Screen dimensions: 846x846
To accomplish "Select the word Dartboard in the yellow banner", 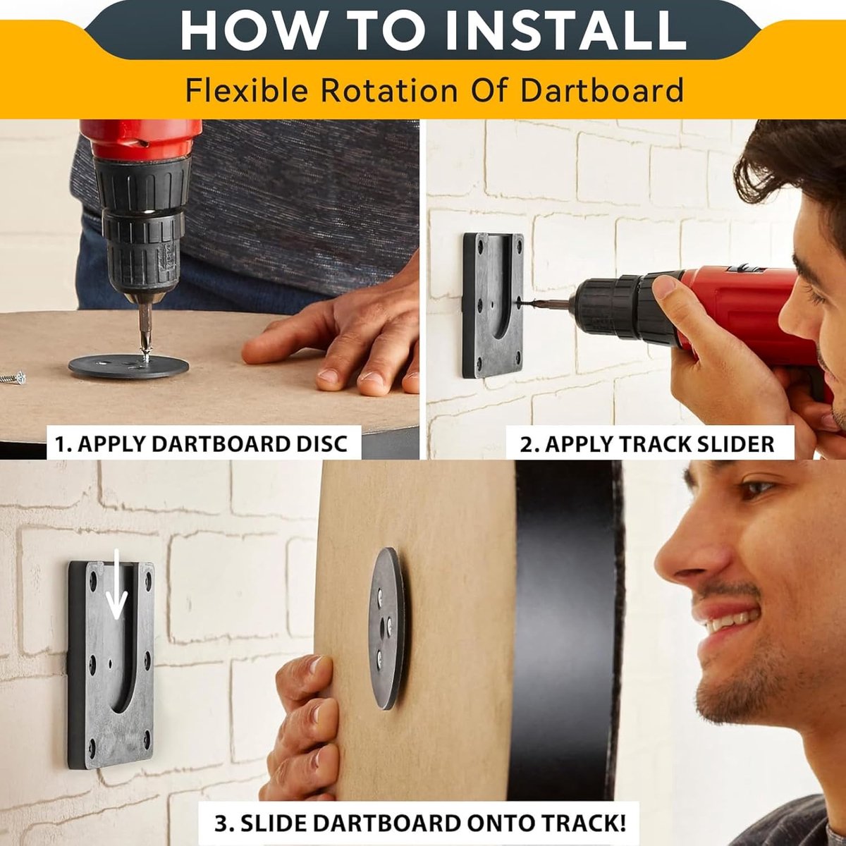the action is [602, 90].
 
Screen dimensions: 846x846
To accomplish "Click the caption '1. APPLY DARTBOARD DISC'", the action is [202, 444].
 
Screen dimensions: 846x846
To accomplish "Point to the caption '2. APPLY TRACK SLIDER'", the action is [647, 444].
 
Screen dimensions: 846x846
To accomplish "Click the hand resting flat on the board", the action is [333, 347].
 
